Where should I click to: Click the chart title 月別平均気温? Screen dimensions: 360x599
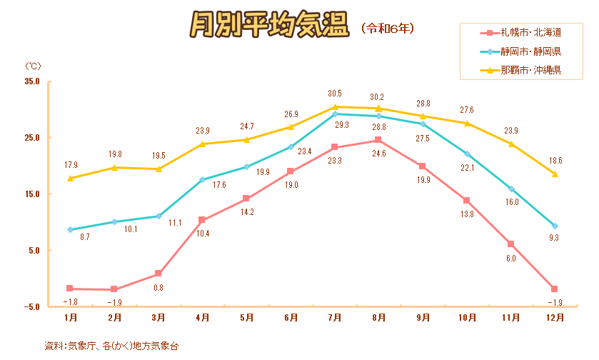[x=270, y=26]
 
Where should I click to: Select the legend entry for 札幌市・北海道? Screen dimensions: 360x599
[x=530, y=33]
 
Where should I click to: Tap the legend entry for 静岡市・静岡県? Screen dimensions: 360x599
[x=530, y=51]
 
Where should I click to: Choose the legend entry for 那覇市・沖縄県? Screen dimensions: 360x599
[x=530, y=70]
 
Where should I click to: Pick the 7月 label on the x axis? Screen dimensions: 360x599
[x=335, y=317]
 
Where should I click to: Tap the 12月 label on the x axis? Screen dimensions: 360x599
[x=554, y=317]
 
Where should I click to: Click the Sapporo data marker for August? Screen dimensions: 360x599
[x=378, y=140]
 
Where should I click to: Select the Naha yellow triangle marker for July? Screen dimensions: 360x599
[x=335, y=107]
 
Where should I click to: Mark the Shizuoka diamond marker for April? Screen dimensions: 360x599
[x=202, y=179]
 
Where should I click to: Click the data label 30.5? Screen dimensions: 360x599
[x=334, y=94]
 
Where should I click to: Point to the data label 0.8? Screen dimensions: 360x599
[x=158, y=287]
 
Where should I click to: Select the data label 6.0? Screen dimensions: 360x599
[x=510, y=258]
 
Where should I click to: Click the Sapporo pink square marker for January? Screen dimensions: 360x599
[x=70, y=289]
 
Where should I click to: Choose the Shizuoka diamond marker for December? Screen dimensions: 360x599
[x=555, y=226]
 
